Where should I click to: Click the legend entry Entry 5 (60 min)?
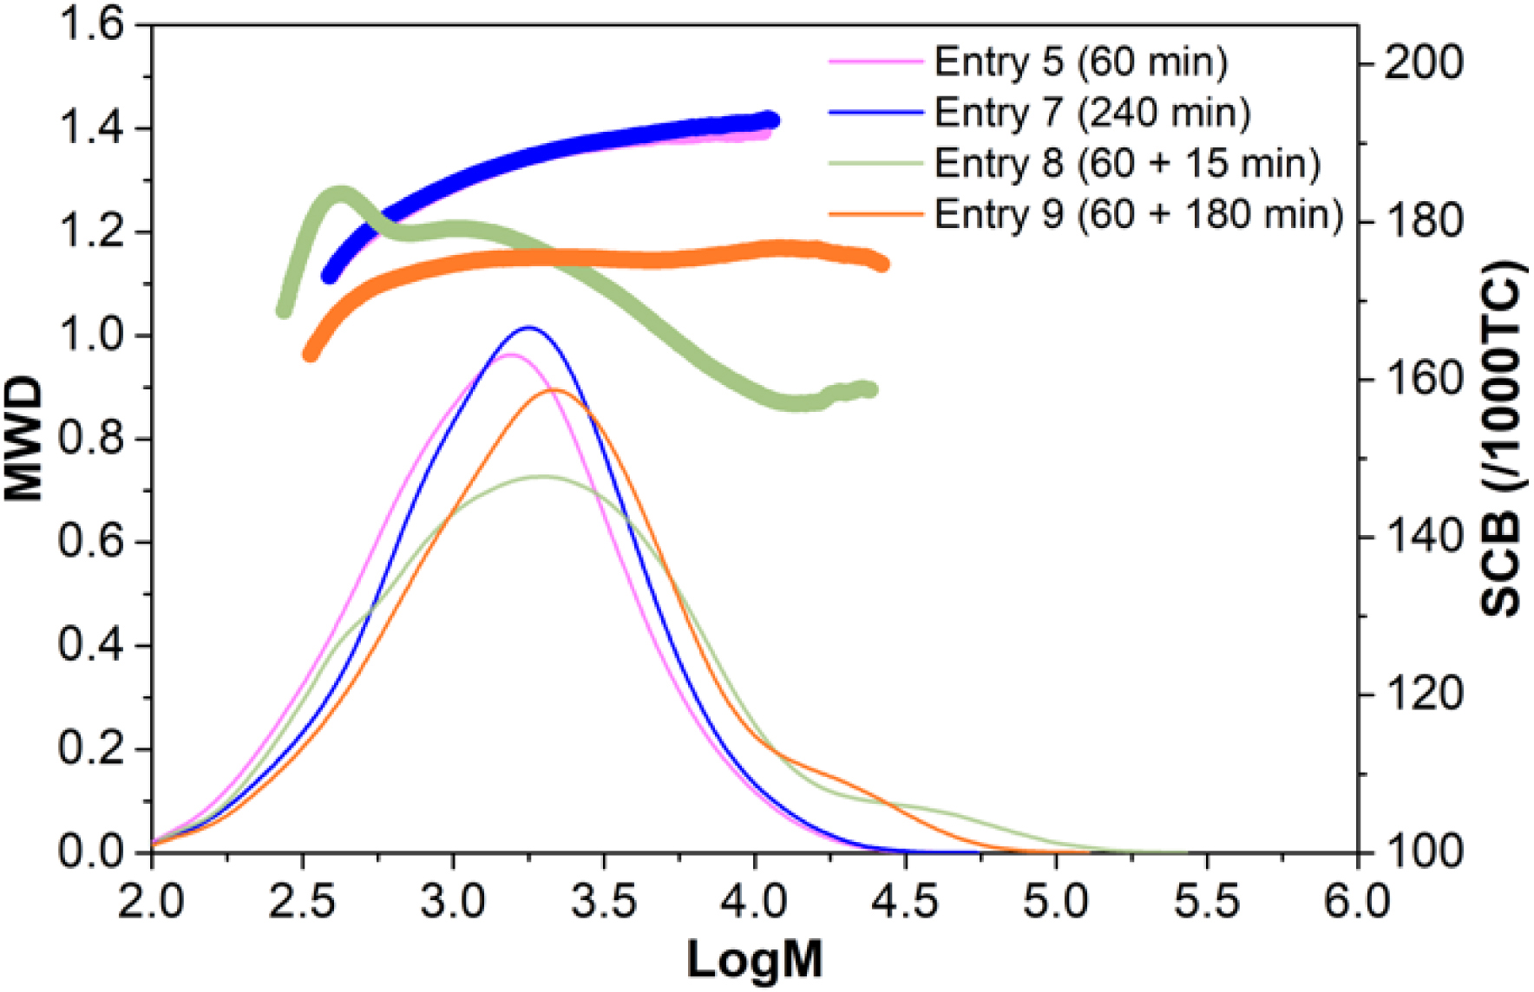tap(1080, 62)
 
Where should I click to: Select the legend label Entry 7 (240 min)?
tap(1091, 113)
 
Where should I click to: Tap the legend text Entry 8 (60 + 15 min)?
tap(1126, 163)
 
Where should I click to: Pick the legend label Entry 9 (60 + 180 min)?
tap(1137, 214)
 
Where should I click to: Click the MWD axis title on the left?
tap(24, 438)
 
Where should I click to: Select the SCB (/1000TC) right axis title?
tap(1502, 438)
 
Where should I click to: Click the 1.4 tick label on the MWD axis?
tap(91, 128)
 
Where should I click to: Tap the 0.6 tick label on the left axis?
tap(91, 542)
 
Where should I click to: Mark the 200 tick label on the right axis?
tap(1423, 63)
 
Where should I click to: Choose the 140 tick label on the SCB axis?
tap(1423, 537)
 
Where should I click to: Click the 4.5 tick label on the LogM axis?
tap(905, 902)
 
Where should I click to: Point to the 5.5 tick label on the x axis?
tap(1207, 902)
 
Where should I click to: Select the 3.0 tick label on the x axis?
tap(452, 902)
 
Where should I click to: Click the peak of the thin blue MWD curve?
tap(528, 328)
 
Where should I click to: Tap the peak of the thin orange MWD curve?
tap(554, 389)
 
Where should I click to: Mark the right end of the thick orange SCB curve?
tap(882, 264)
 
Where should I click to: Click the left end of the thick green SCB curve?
tap(284, 310)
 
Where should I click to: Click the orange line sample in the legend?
tap(875, 213)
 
